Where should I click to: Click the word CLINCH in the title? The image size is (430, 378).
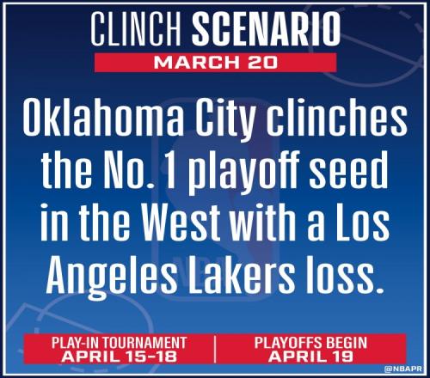136,29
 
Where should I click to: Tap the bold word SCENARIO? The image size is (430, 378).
267,29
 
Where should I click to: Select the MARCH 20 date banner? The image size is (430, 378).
215,63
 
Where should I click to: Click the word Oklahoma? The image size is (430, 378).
103,118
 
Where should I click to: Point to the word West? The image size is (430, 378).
182,223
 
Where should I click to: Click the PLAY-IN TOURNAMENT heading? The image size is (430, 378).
119,343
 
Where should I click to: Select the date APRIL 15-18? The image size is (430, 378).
119,357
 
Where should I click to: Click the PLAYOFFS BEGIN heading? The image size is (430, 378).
310,343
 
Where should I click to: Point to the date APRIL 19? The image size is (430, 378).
310,357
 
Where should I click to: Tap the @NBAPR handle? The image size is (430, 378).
403,369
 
